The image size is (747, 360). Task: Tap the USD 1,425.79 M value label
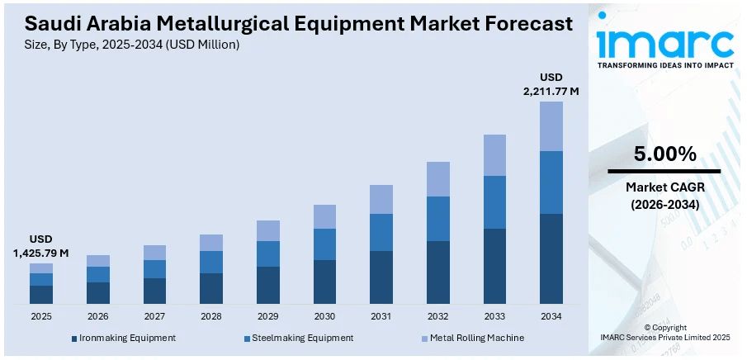pos(40,245)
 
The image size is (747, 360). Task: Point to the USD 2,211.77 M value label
pos(551,84)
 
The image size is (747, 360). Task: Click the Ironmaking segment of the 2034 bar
pos(551,258)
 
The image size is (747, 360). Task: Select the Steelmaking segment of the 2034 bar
pos(551,182)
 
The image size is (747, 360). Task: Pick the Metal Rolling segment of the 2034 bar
pos(551,126)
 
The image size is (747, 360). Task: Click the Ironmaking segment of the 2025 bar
pos(41,295)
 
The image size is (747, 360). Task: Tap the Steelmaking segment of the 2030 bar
pos(324,244)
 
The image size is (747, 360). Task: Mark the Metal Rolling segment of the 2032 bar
pos(437,179)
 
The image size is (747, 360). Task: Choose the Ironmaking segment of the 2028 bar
pos(211,288)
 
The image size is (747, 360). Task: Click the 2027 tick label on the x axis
pos(154,316)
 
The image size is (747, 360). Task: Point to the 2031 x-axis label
pos(381,316)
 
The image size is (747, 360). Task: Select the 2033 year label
pos(494,316)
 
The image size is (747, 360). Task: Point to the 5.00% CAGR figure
pos(664,154)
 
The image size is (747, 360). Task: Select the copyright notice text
pos(664,333)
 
